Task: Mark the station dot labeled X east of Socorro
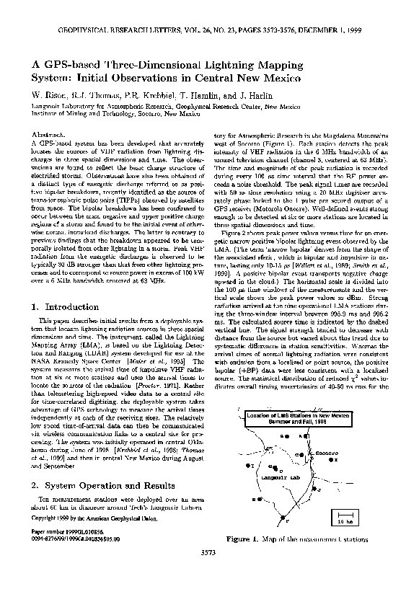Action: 330,459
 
